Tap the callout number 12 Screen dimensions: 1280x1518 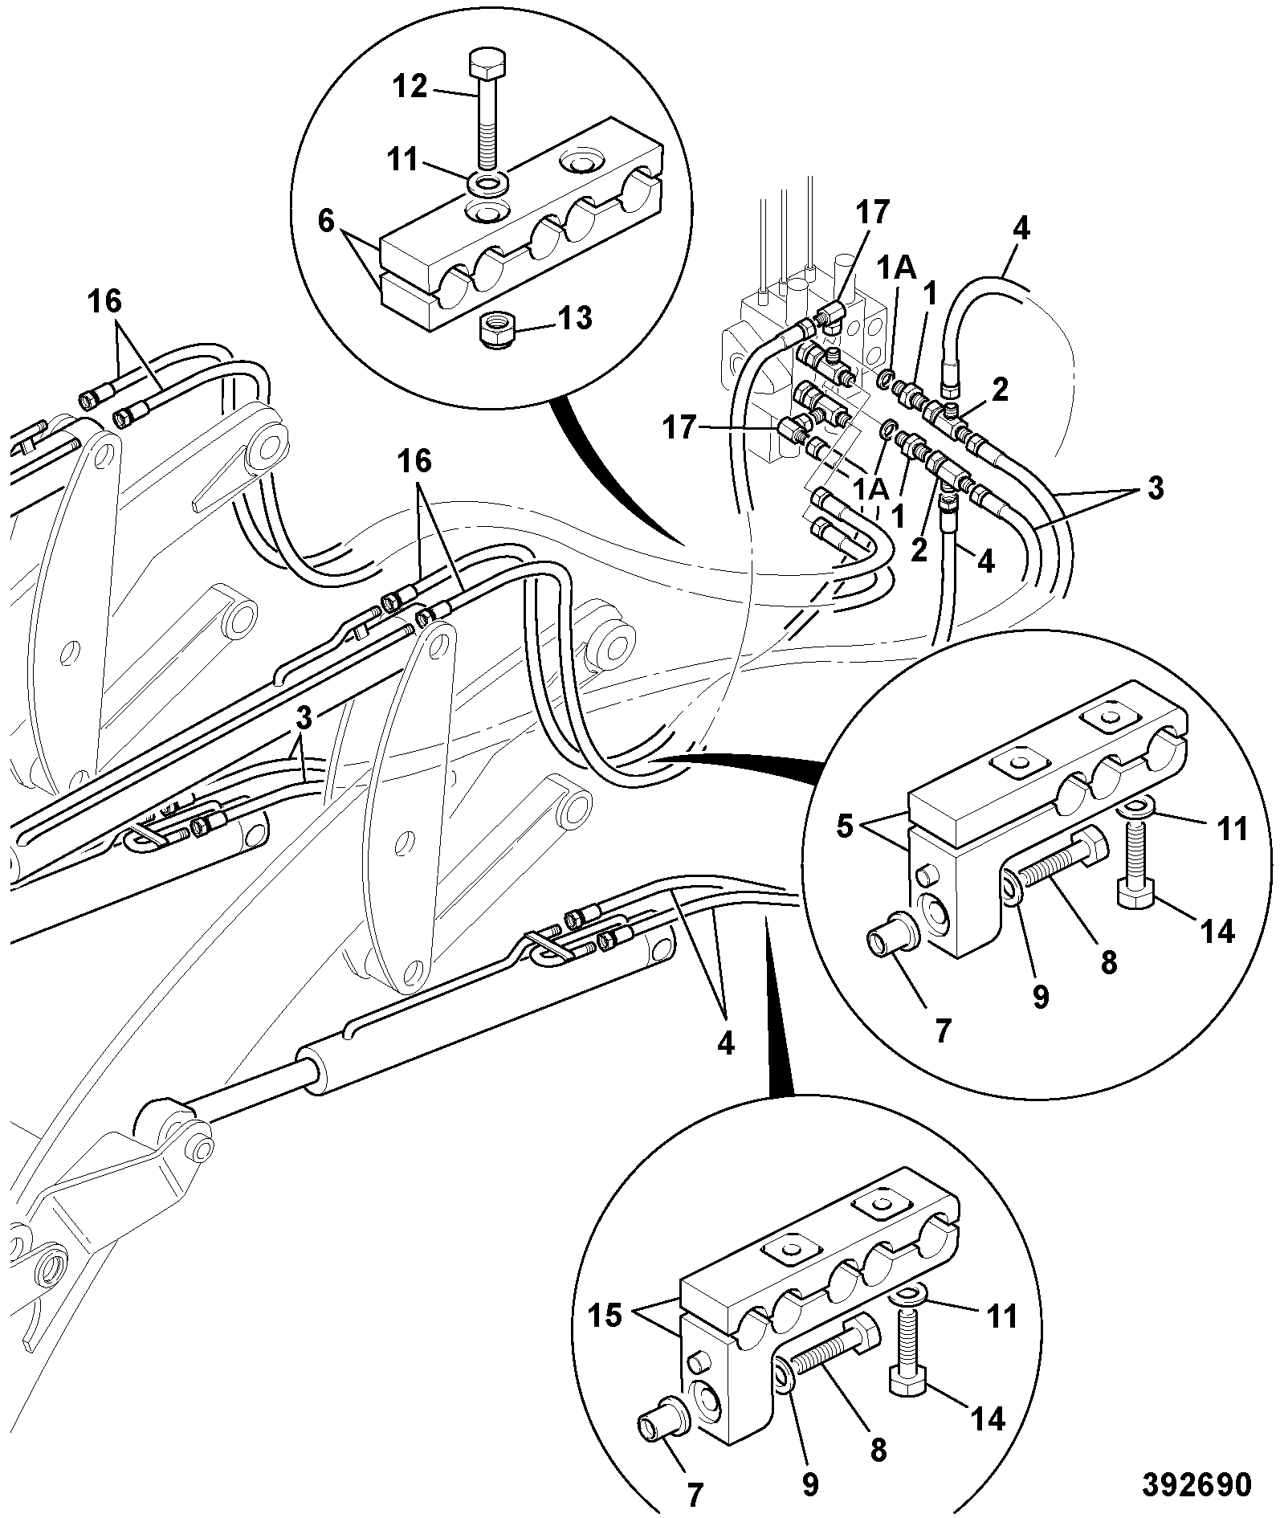pos(410,86)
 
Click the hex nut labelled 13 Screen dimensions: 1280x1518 pos(498,331)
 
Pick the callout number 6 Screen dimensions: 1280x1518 pos(326,221)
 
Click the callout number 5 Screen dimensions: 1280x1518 pos(844,826)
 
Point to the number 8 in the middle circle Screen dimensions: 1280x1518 pos(1109,962)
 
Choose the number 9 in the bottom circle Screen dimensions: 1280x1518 pos(810,1484)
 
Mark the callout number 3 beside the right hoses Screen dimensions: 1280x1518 pos(1155,489)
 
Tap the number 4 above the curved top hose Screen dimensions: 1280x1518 pos(1021,228)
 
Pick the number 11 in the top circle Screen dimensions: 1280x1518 pos(402,160)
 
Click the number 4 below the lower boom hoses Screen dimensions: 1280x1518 pos(725,1043)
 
